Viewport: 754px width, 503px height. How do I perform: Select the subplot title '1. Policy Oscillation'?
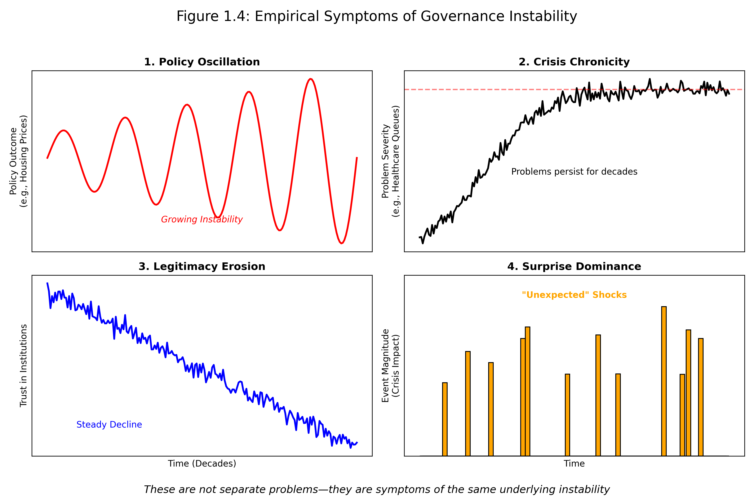[x=202, y=62]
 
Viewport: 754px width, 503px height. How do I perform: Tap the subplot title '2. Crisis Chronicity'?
[x=574, y=62]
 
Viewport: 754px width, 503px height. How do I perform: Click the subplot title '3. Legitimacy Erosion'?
[x=202, y=267]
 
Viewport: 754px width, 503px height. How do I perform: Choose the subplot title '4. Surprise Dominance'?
[x=574, y=267]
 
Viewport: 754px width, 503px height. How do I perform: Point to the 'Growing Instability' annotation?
[x=202, y=219]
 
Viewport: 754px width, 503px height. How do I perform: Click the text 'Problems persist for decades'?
[x=574, y=172]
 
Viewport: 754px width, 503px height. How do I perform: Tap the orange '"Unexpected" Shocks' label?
[x=574, y=295]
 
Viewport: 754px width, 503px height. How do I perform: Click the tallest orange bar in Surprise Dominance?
[x=664, y=382]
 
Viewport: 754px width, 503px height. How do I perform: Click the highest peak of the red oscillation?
[x=310, y=79]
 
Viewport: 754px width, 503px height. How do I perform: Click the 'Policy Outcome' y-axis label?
[x=18, y=161]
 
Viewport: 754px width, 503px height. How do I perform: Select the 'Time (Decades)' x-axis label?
[x=202, y=464]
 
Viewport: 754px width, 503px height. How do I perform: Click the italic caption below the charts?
[x=377, y=490]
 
